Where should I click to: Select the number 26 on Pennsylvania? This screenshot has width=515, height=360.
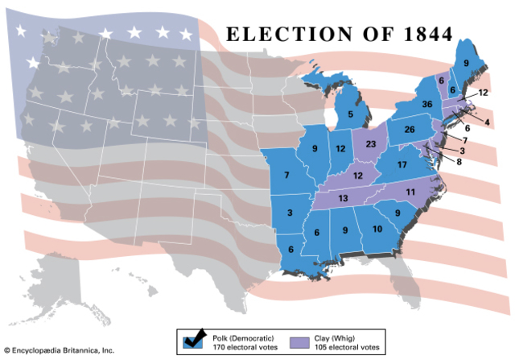click(409, 130)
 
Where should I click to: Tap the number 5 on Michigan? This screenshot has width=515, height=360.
click(351, 114)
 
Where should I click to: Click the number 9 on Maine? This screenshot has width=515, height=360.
click(465, 62)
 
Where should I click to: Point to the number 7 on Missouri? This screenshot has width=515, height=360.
click(286, 175)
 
